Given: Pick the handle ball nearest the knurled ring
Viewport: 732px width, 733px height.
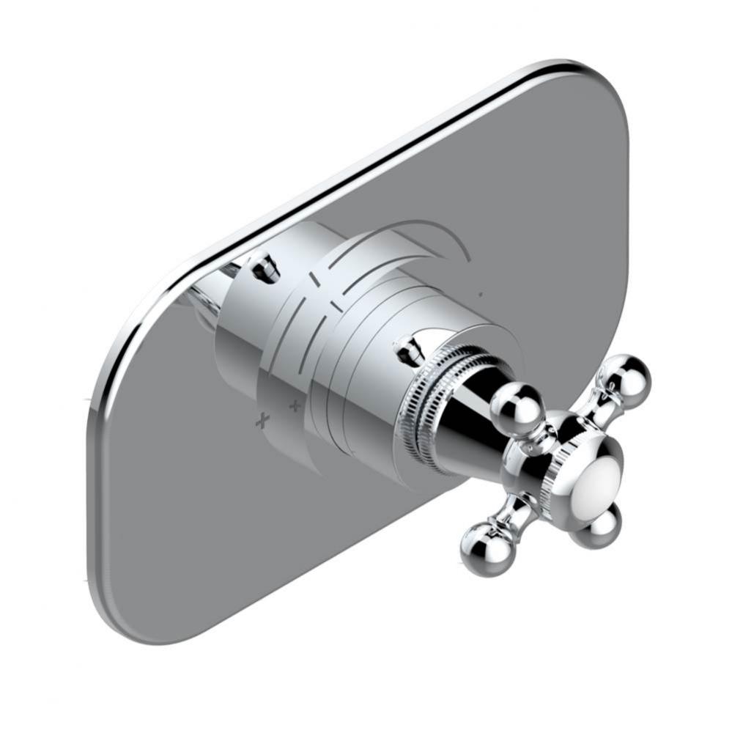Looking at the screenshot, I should (x=516, y=406).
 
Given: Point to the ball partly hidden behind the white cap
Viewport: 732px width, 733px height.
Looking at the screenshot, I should (x=594, y=525).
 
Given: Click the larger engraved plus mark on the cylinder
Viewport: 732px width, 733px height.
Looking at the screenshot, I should (x=262, y=421).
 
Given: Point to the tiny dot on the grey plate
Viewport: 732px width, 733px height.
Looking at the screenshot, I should (x=480, y=295).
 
